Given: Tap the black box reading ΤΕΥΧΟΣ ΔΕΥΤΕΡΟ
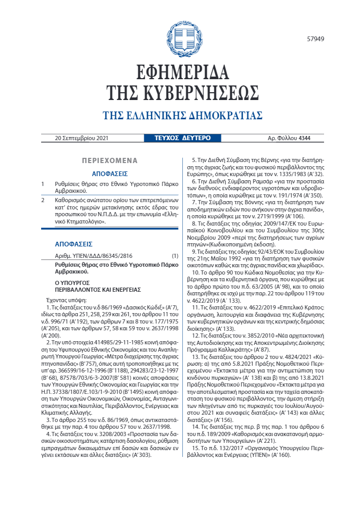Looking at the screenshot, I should [183, 138].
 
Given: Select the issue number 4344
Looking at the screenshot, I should [305, 138].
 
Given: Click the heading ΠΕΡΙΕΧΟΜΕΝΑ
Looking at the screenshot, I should [109, 161].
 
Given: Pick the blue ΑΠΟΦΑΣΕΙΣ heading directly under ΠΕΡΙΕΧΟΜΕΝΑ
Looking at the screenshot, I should [110, 173].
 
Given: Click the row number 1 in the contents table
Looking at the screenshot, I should [43, 184].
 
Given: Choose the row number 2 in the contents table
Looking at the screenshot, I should [43, 200].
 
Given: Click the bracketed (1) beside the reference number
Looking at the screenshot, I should [175, 257].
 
